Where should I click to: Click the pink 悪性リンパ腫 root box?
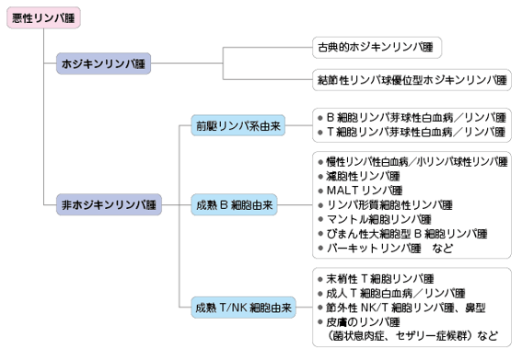tap(43, 17)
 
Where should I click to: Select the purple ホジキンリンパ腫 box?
tap(103, 64)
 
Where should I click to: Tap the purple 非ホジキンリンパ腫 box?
tap(109, 204)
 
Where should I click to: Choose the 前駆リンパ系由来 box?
tap(238, 125)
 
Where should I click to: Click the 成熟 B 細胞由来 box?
tap(234, 204)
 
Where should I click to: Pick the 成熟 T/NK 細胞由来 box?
tap(243, 308)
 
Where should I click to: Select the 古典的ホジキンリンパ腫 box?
tap(377, 47)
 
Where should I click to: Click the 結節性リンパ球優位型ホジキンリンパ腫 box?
tap(412, 80)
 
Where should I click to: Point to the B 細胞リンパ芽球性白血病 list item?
tap(412, 118)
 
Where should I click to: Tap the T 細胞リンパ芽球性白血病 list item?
tap(412, 133)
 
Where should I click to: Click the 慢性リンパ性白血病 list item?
tap(412, 162)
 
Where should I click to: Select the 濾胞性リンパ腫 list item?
tap(359, 177)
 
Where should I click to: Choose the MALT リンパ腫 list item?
tap(360, 191)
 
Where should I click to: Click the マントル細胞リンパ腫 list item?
tap(375, 219)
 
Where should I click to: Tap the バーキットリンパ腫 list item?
tap(370, 249)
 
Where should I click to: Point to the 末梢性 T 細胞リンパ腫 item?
tap(376, 279)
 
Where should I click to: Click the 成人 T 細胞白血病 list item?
tap(391, 294)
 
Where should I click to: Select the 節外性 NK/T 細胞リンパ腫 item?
tap(401, 308)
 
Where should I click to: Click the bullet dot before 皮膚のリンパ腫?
tap(320, 322)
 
